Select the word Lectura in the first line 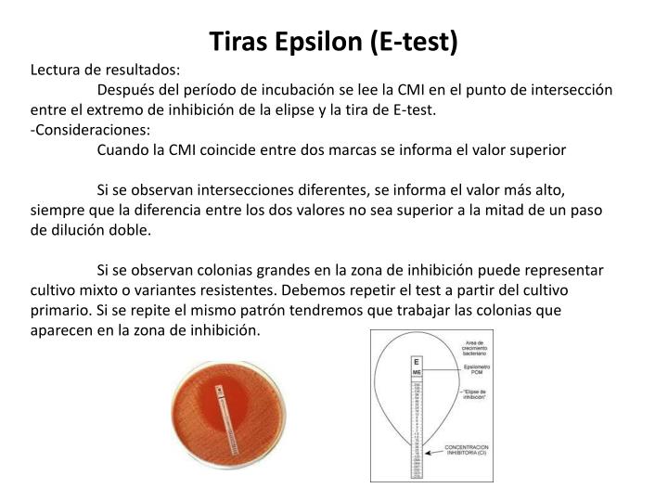point(58,70)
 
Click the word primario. point(58,311)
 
